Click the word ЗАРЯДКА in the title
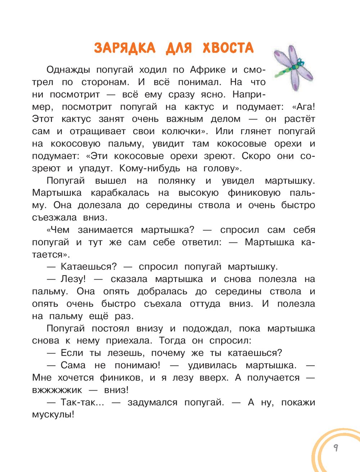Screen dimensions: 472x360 pyautogui.click(x=125, y=48)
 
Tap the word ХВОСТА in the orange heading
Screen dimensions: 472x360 pyautogui.click(x=228, y=48)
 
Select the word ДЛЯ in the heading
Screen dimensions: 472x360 pyautogui.click(x=179, y=48)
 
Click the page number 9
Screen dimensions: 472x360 pyautogui.click(x=336, y=448)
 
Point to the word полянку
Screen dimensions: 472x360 pyautogui.click(x=177, y=181)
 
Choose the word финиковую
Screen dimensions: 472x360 pyautogui.click(x=254, y=193)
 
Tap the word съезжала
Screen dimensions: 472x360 pyautogui.click(x=54, y=218)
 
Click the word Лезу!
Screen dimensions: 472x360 pyautogui.click(x=73, y=279)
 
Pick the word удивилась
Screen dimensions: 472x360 pyautogui.click(x=212, y=366)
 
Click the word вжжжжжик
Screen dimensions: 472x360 pyautogui.click(x=57, y=390)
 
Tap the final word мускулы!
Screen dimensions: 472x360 pyautogui.click(x=53, y=415)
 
